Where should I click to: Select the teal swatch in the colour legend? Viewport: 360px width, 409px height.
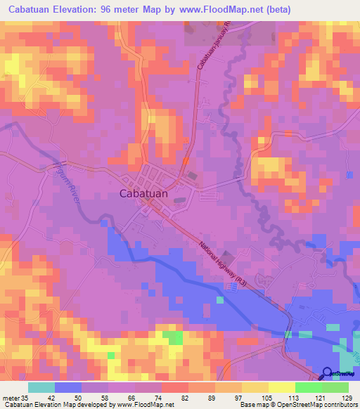tap(41, 387)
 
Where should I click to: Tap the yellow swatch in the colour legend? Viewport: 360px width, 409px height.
tap(282, 387)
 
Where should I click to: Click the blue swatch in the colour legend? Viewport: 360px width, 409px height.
tap(68, 387)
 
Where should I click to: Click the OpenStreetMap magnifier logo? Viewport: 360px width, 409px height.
tap(328, 374)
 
